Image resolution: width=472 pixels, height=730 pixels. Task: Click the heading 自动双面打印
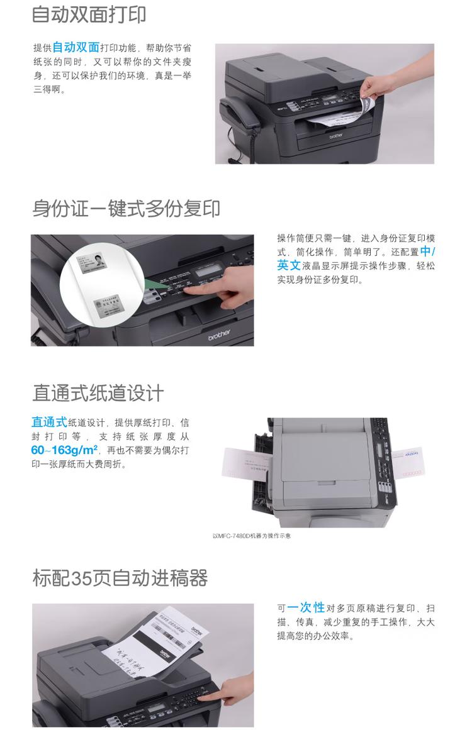point(89,14)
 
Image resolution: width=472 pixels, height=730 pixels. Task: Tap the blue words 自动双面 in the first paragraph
point(76,47)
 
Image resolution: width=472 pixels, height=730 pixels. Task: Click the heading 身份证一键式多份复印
point(126,208)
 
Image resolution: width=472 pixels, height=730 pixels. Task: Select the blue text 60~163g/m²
point(65,450)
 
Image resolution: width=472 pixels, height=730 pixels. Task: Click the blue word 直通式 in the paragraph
point(49,422)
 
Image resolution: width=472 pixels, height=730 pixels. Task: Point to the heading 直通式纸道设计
point(98,393)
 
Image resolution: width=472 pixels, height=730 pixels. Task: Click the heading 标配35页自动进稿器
point(120,578)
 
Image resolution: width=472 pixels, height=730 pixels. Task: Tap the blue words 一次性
point(306,607)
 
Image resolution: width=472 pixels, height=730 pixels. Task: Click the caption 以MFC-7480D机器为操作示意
point(252,536)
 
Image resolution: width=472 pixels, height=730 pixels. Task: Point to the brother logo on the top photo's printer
point(336,135)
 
